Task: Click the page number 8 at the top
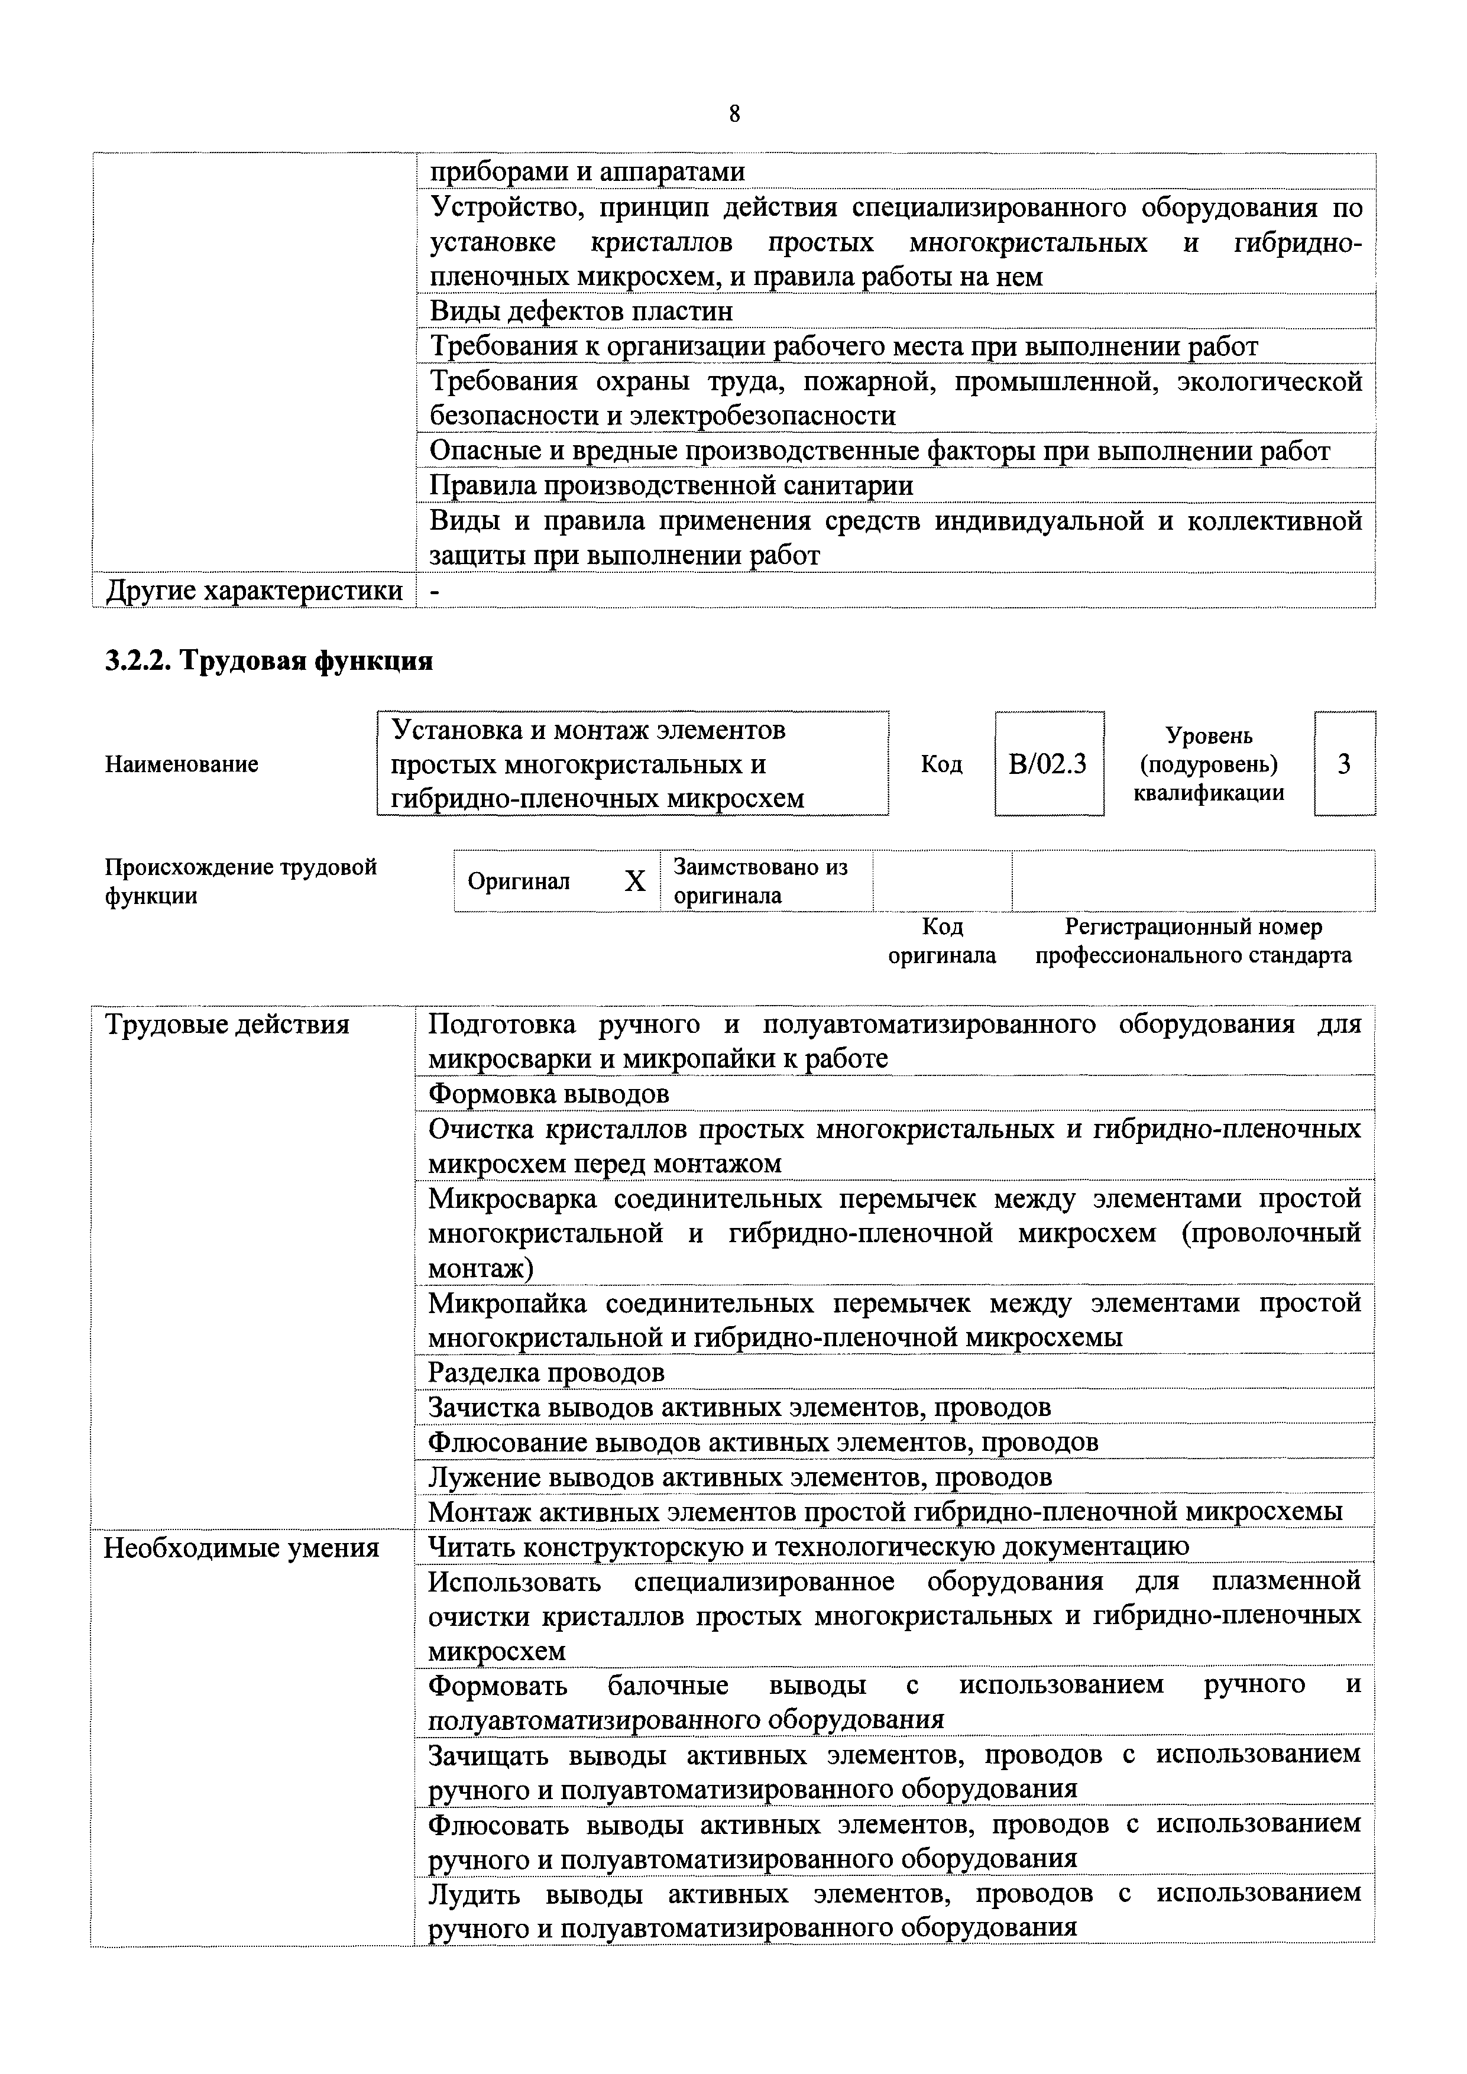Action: tap(733, 115)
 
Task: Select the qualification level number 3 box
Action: tap(1344, 764)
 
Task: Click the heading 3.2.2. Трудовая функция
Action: tap(269, 660)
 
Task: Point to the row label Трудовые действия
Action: tap(226, 1025)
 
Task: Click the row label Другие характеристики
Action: tap(254, 590)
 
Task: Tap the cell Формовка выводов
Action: tap(548, 1094)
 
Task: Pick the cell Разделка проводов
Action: tap(546, 1372)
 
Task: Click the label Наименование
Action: tap(182, 764)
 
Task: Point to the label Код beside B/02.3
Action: tap(941, 764)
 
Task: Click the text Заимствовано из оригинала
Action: tap(760, 881)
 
